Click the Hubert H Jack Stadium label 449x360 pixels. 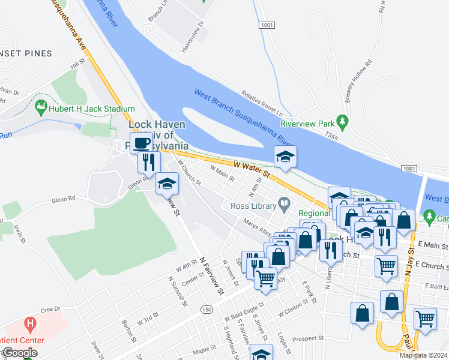[x=92, y=109]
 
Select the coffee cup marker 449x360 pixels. [x=140, y=143]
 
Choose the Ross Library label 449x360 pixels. [x=252, y=206]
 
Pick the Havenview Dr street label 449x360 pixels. [x=193, y=37]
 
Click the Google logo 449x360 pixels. [x=19, y=353]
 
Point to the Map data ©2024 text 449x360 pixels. [x=423, y=355]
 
